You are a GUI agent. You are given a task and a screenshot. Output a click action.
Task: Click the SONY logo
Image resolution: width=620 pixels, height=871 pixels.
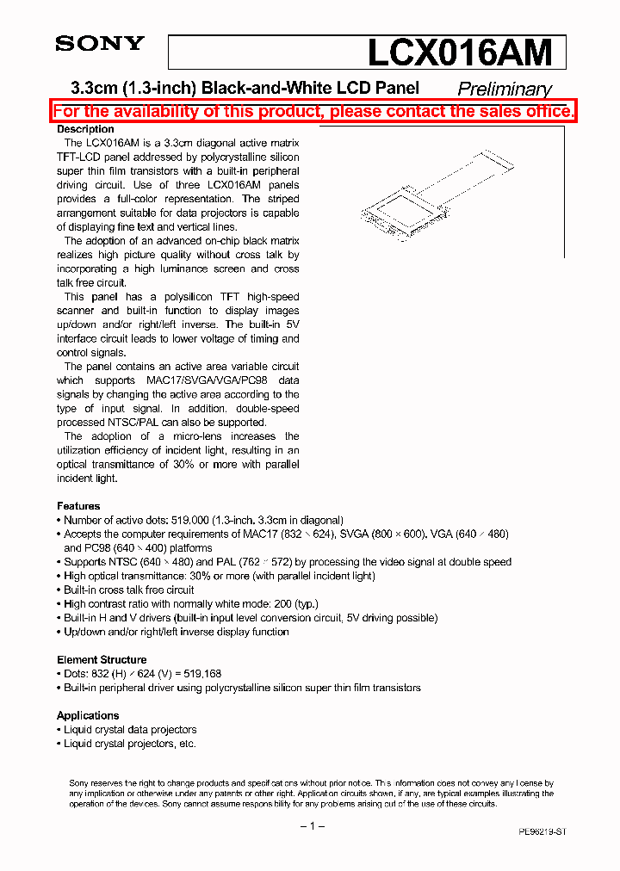[100, 44]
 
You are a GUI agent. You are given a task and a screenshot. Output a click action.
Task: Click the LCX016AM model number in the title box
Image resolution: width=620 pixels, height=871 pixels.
[460, 53]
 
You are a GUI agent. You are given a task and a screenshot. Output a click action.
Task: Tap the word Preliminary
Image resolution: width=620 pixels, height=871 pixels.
[504, 89]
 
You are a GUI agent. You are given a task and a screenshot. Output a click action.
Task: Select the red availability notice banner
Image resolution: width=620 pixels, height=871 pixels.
[313, 111]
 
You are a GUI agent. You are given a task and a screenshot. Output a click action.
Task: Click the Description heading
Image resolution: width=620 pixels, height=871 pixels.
[85, 129]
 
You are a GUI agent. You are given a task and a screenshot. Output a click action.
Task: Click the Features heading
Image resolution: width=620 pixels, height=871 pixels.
[78, 506]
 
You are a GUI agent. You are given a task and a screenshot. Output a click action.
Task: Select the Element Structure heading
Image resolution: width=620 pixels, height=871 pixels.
[102, 660]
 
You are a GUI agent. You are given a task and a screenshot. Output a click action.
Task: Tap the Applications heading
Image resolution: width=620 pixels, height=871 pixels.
[88, 716]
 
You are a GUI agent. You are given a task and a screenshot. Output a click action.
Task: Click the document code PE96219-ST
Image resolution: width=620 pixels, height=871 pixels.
[542, 832]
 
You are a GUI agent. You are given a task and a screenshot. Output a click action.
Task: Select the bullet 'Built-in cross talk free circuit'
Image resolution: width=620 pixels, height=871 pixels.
[129, 590]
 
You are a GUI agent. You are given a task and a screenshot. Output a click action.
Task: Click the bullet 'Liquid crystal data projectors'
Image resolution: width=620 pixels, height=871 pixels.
[130, 730]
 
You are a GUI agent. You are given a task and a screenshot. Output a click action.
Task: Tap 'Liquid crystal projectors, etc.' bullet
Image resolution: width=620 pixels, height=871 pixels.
[130, 744]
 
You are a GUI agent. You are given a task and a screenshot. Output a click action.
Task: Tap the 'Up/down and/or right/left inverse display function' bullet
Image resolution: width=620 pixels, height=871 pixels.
[177, 632]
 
